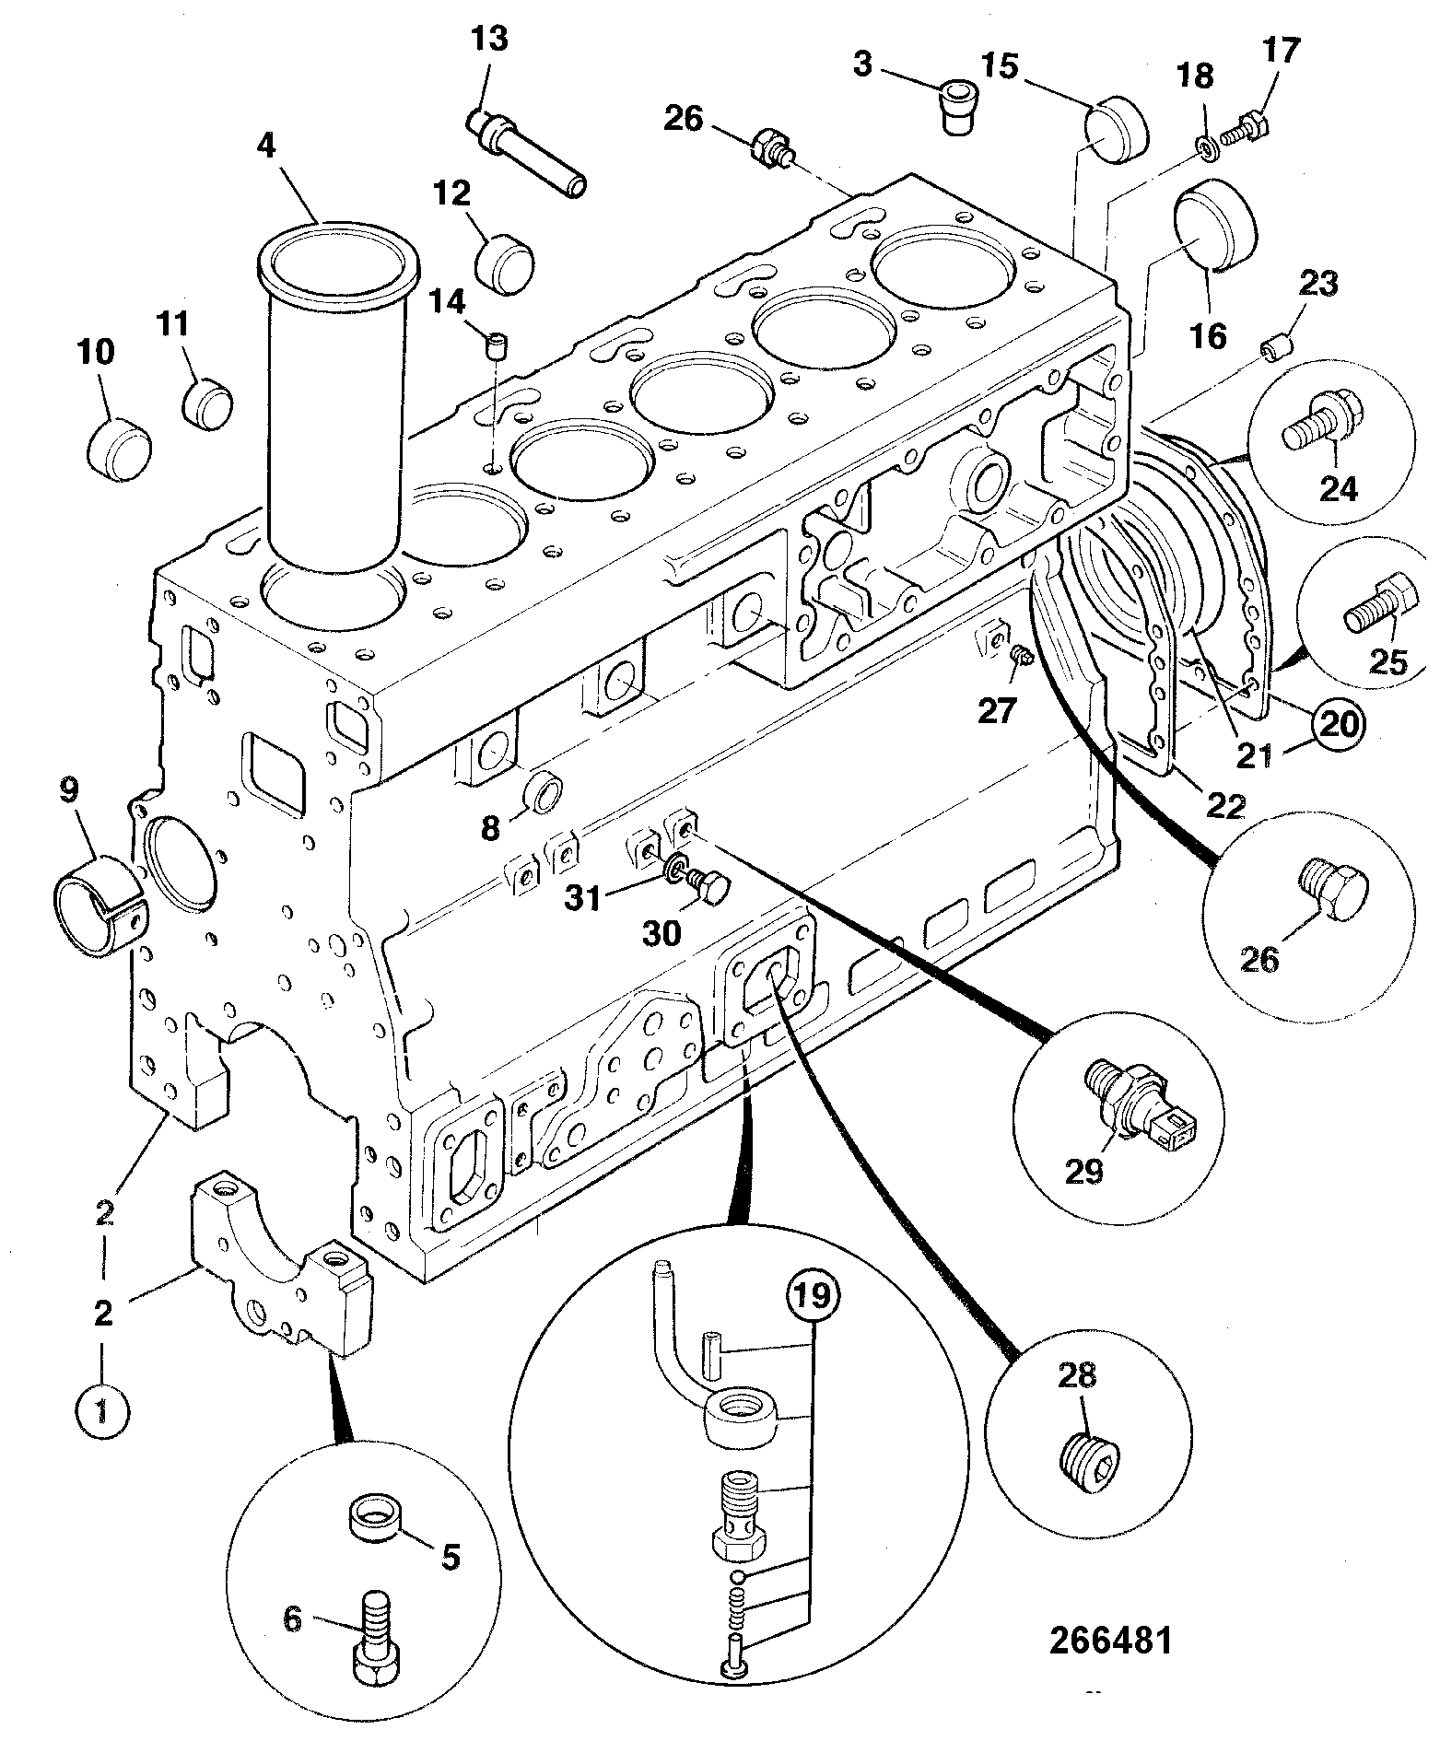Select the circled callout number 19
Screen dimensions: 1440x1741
813,1294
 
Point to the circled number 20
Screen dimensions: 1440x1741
1339,725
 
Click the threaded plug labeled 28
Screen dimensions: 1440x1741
1089,1464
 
